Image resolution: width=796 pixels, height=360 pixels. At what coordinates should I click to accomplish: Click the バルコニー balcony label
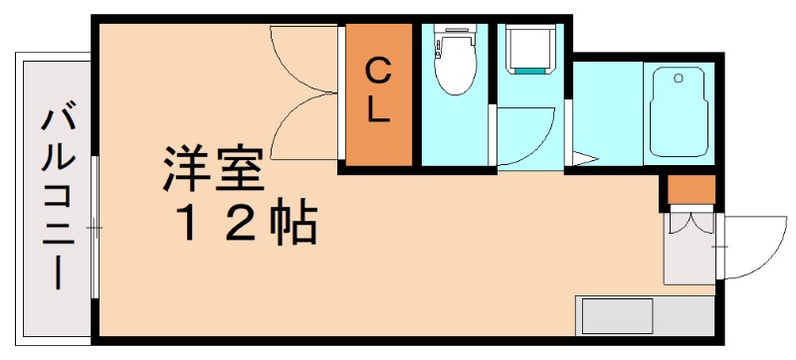coord(57,198)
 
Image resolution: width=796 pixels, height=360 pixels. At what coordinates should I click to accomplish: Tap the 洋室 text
coord(214,171)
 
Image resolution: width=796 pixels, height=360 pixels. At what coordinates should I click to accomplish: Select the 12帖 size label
coord(246,226)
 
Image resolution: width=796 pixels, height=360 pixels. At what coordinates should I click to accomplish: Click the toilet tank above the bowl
coord(456,41)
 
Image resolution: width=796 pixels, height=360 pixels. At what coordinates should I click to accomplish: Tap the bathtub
coord(678,111)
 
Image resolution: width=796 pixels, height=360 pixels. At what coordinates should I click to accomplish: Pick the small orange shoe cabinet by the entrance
coord(691,189)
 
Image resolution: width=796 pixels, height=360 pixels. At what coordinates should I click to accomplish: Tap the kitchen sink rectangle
coord(617,317)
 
